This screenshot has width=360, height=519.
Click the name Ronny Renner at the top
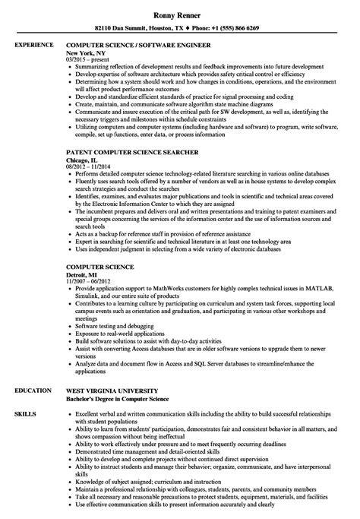click(x=179, y=9)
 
